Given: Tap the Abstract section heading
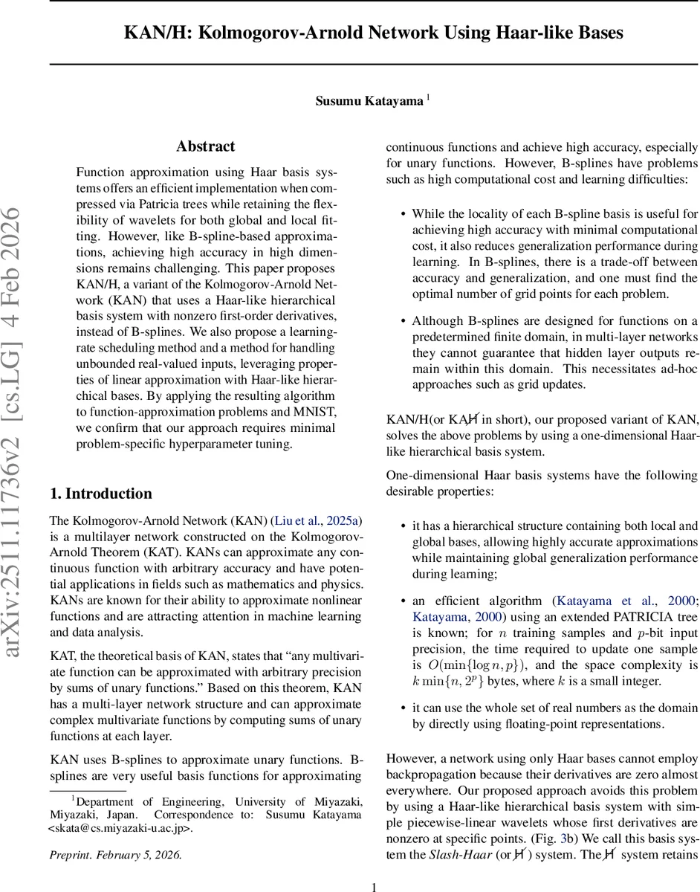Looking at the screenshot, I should tap(206, 146).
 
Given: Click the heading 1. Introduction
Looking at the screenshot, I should tap(100, 494).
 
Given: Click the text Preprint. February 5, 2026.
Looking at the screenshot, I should tap(115, 854).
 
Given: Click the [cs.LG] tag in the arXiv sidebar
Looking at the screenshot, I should tap(21, 407).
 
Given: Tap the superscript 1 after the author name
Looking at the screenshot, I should tap(427, 97).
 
